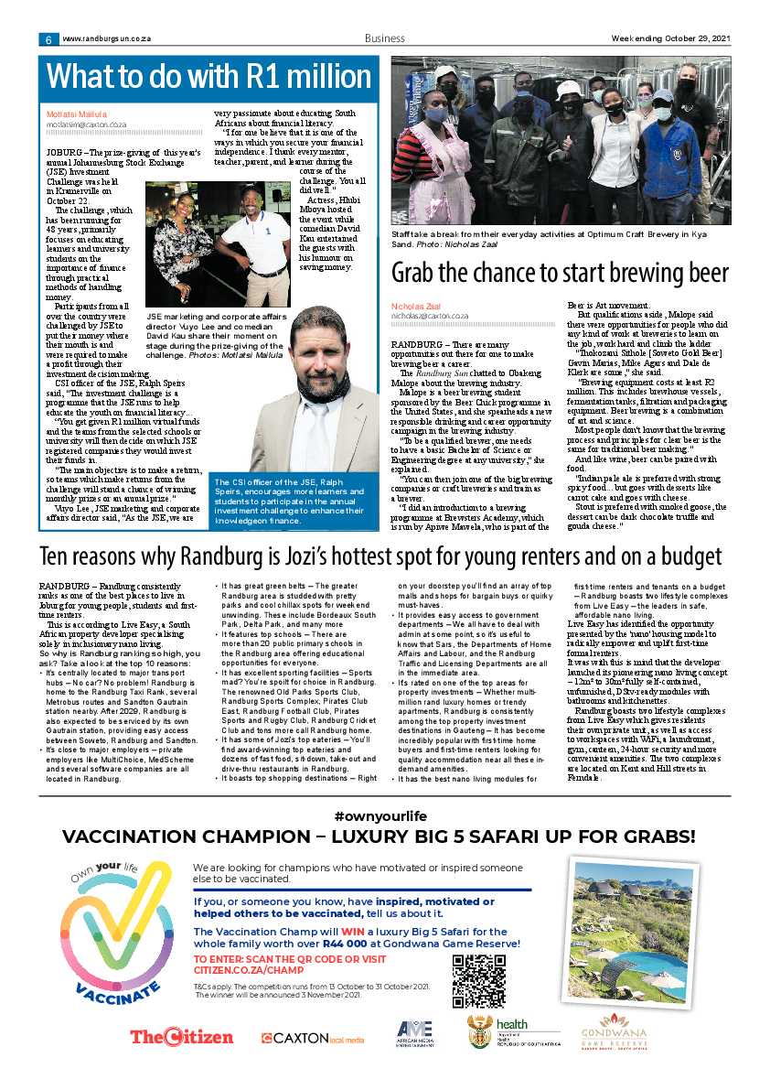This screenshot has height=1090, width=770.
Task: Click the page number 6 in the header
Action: (46, 39)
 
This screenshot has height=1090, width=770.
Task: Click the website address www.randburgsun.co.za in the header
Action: (106, 39)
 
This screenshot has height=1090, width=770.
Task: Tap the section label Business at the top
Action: (384, 38)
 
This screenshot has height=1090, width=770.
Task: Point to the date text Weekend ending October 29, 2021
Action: (671, 38)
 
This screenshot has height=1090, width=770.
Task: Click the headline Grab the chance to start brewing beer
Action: (560, 273)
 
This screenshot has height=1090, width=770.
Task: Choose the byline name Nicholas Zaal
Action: (416, 306)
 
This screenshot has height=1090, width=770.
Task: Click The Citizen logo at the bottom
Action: (181, 1037)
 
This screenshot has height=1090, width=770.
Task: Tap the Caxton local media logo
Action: (312, 1038)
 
